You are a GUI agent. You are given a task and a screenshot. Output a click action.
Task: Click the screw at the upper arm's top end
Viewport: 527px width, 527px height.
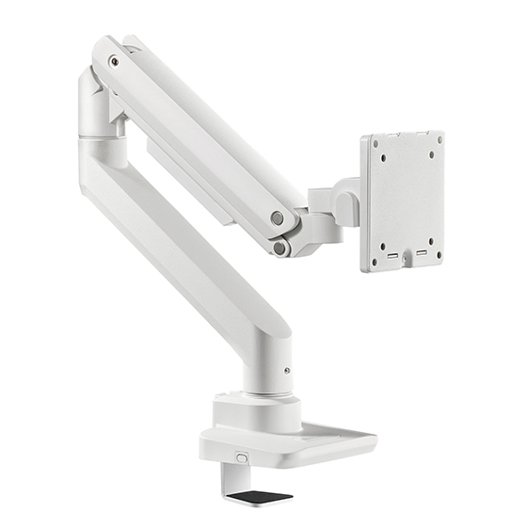tap(114, 62)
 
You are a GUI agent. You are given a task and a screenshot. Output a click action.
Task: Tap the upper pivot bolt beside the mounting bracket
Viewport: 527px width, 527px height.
tap(278, 217)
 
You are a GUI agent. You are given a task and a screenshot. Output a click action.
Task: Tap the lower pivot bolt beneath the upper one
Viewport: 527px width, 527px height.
tap(279, 248)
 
